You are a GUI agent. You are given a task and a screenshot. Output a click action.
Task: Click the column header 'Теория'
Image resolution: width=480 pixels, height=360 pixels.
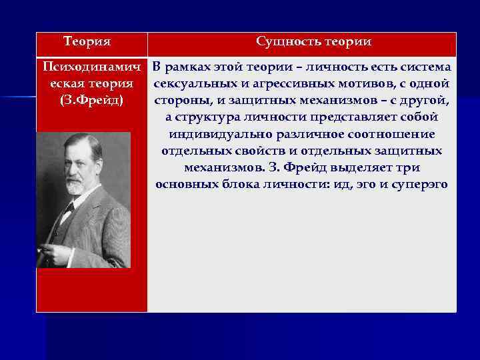point(87,42)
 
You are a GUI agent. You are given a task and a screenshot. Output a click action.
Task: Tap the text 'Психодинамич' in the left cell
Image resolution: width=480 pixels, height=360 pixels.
point(92,67)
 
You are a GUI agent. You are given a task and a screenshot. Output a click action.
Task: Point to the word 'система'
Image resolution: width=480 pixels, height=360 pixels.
point(425,67)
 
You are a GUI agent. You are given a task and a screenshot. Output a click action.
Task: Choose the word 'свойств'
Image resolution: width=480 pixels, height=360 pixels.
point(266,151)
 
